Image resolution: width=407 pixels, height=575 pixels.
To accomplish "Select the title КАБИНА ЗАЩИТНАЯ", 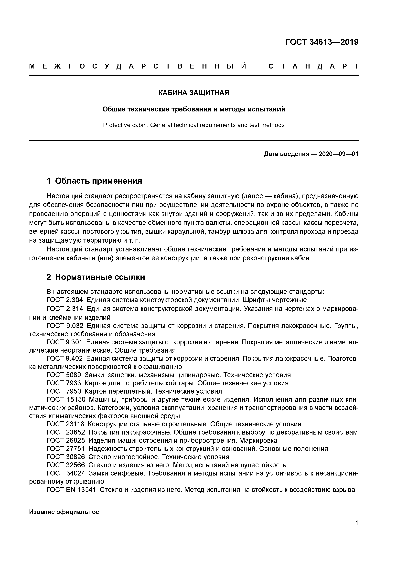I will click(x=194, y=93).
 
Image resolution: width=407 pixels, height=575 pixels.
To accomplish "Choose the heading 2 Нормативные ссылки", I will click(x=96, y=277).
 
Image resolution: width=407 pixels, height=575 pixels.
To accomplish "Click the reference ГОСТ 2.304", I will click(x=65, y=300).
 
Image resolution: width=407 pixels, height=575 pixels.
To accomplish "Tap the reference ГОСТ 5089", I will click(x=64, y=375).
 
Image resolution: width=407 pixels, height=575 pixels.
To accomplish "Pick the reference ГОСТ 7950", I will click(x=64, y=391).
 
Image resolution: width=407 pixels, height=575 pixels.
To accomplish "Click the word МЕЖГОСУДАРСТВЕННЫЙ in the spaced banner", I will click(x=138, y=66).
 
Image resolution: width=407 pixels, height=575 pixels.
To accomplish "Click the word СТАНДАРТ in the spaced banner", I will click(x=313, y=66).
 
